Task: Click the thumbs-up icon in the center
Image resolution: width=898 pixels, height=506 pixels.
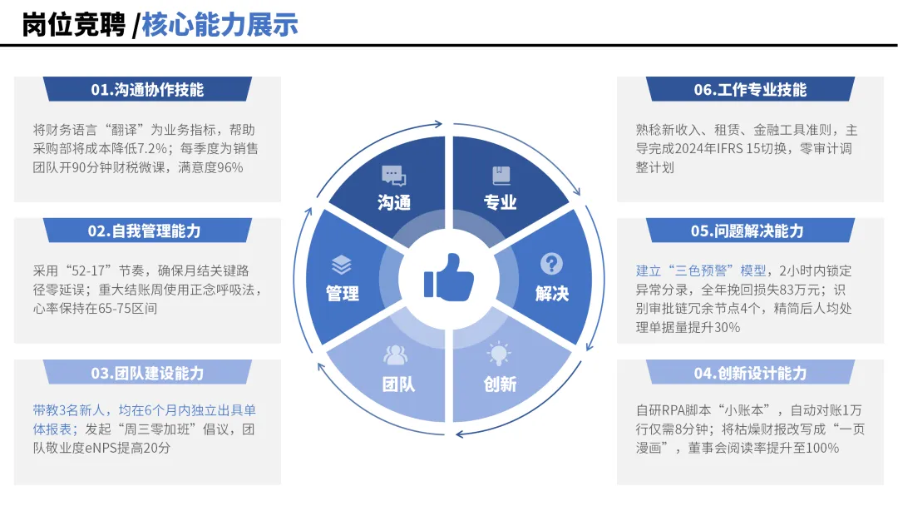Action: pyautogui.click(x=449, y=277)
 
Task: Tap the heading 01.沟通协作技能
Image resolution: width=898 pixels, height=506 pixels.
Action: pyautogui.click(x=147, y=90)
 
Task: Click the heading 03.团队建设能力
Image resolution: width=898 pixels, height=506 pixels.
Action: pyautogui.click(x=147, y=373)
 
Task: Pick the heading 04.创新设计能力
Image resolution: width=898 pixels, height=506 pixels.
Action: pyautogui.click(x=750, y=373)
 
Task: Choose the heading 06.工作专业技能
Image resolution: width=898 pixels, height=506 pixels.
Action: pyautogui.click(x=750, y=90)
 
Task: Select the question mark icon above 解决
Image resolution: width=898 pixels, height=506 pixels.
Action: pyautogui.click(x=551, y=264)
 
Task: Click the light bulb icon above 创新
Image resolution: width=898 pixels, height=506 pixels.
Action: pyautogui.click(x=499, y=355)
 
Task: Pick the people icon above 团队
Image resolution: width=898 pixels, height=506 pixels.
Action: pyautogui.click(x=396, y=355)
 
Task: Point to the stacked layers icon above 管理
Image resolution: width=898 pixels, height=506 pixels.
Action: pyautogui.click(x=342, y=265)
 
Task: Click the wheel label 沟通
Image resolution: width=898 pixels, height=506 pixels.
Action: pyautogui.click(x=394, y=202)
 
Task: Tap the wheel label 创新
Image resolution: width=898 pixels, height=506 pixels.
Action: pyautogui.click(x=500, y=384)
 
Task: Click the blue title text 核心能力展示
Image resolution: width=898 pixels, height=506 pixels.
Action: pyautogui.click(x=220, y=24)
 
